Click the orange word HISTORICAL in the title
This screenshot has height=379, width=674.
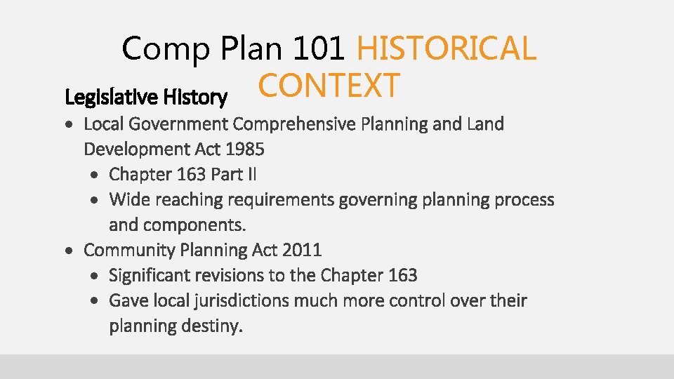point(446,48)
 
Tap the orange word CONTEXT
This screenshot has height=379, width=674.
point(329,86)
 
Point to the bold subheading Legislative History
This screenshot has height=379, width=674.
point(145,97)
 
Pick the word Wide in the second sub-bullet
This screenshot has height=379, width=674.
point(128,200)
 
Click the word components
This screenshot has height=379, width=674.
point(195,225)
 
